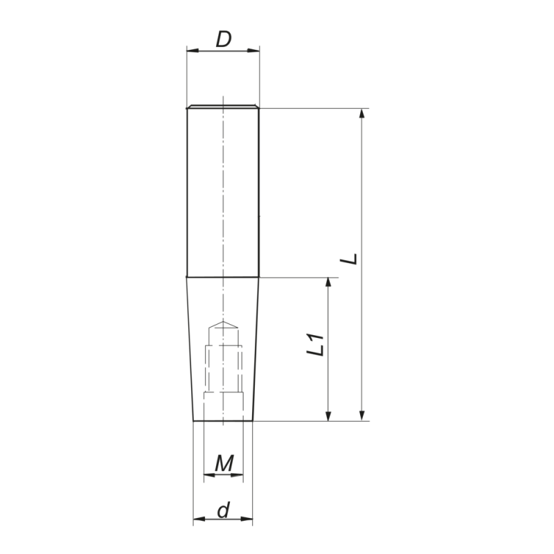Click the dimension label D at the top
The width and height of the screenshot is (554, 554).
(x=223, y=39)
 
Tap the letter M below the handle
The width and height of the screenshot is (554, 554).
(x=224, y=463)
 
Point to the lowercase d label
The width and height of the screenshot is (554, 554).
(x=223, y=511)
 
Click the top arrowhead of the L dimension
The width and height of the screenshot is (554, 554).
(x=361, y=114)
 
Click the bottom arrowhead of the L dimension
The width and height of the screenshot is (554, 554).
(x=361, y=415)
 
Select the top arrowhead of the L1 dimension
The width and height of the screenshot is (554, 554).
(x=328, y=283)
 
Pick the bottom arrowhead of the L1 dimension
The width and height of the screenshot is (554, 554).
(x=328, y=415)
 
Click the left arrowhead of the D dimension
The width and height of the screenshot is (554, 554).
(x=193, y=51)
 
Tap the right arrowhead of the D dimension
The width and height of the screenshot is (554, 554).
(x=254, y=51)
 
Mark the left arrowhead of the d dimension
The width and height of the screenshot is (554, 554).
(x=198, y=519)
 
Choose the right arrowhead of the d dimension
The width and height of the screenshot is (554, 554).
(x=247, y=519)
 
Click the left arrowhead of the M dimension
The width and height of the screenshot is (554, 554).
(x=208, y=476)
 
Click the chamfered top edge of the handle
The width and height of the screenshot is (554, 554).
(x=223, y=107)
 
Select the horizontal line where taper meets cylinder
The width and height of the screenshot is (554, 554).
(x=223, y=277)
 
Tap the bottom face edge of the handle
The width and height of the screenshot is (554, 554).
(x=223, y=421)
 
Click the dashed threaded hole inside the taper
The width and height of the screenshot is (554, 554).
(x=223, y=367)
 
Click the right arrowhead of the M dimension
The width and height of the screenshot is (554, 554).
(x=238, y=476)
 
